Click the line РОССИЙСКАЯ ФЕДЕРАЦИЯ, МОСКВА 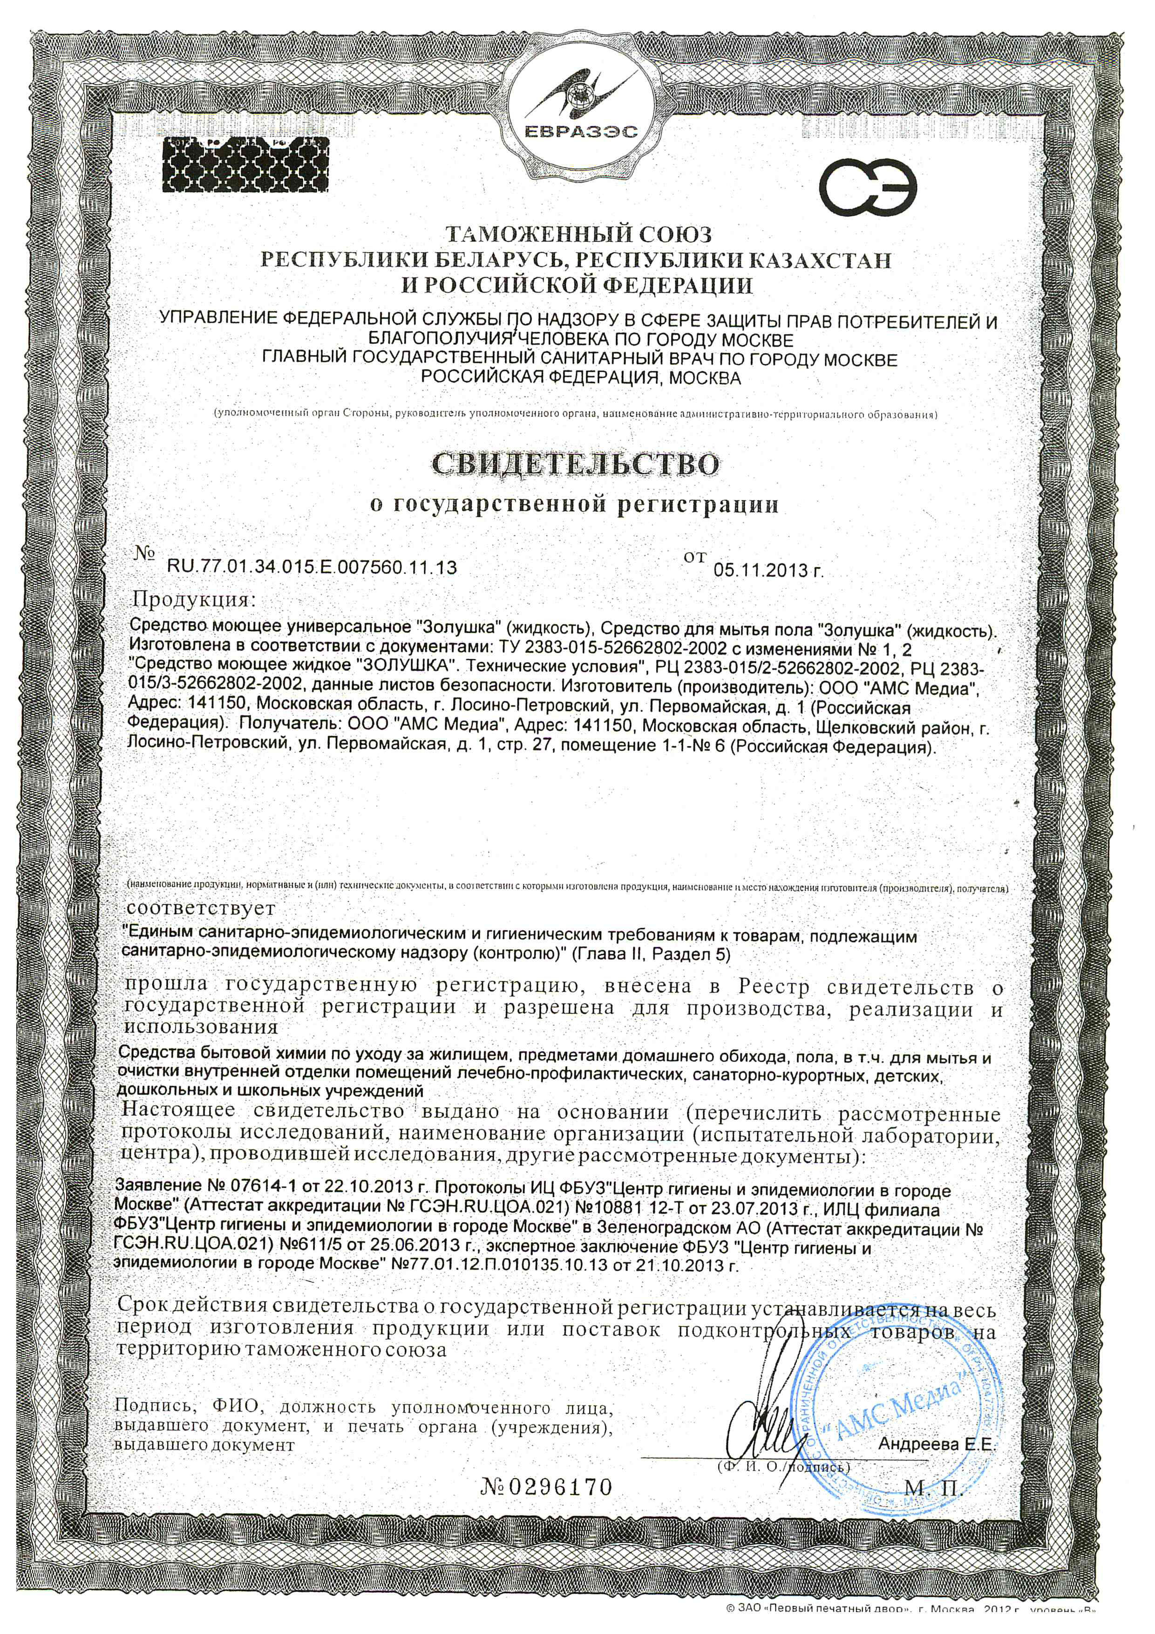click(581, 379)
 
